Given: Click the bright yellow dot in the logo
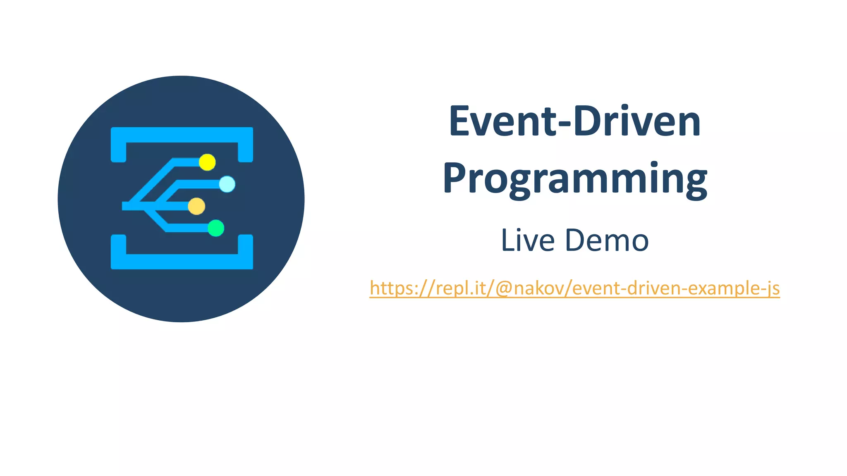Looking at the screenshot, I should [207, 162].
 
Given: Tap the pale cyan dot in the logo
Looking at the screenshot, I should [227, 184].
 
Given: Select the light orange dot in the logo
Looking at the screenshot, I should [196, 206].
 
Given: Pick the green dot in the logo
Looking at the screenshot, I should [216, 228].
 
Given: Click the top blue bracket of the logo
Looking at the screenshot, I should [182, 135].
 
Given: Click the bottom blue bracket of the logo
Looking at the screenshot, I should [182, 261].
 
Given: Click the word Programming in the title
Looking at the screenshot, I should [575, 178].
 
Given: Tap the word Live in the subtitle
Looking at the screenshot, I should [528, 240].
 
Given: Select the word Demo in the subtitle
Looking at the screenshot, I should [607, 240].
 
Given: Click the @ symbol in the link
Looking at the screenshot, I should [504, 288].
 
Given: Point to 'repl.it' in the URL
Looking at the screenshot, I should [460, 288].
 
